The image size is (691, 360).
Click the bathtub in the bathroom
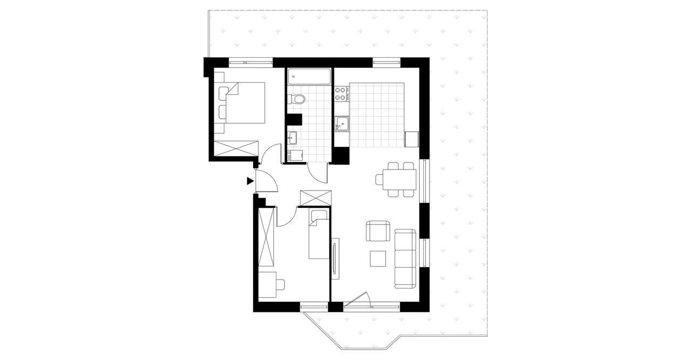[309, 77]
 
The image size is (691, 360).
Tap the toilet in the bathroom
[297, 99]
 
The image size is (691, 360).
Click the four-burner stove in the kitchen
[341, 94]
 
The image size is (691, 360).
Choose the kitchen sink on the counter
[342, 124]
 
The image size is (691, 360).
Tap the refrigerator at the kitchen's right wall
[412, 139]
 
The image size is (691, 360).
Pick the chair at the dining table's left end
[380, 179]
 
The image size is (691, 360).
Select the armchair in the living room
[378, 231]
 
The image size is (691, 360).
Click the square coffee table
[378, 259]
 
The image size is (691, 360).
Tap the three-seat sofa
[405, 258]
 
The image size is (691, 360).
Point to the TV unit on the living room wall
[335, 259]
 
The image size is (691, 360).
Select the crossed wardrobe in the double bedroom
[236, 148]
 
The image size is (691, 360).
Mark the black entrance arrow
[250, 181]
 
